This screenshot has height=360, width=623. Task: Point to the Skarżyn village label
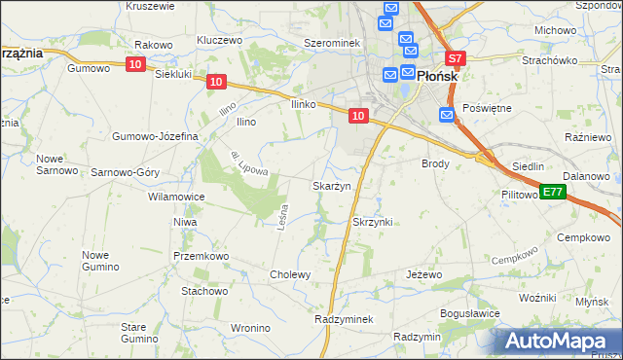pyautogui.click(x=330, y=186)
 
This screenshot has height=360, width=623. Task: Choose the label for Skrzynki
pyautogui.click(x=372, y=222)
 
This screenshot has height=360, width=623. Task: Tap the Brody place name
pyautogui.click(x=435, y=164)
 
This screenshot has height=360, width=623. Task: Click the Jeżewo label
pyautogui.click(x=423, y=275)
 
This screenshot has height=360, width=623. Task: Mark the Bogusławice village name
pyautogui.click(x=470, y=313)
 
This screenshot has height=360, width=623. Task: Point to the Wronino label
pyautogui.click(x=251, y=328)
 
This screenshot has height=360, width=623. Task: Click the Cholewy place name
pyautogui.click(x=290, y=274)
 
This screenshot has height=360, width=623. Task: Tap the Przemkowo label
pyautogui.click(x=201, y=256)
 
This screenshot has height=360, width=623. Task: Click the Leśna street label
pyautogui.click(x=283, y=213)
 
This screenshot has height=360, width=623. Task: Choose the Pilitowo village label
pyautogui.click(x=520, y=195)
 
